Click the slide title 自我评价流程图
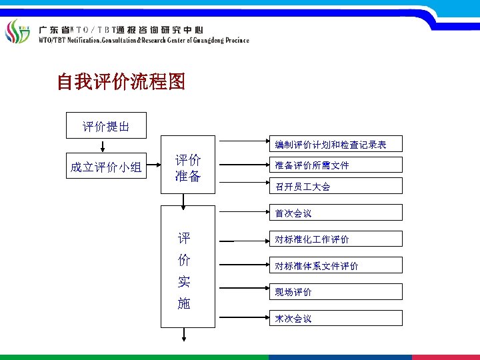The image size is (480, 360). coord(121,83)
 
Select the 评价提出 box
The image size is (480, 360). coord(105,125)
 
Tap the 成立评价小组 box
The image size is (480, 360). coord(106,167)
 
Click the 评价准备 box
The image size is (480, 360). coord(189,168)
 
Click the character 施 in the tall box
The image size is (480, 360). coord(184,303)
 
